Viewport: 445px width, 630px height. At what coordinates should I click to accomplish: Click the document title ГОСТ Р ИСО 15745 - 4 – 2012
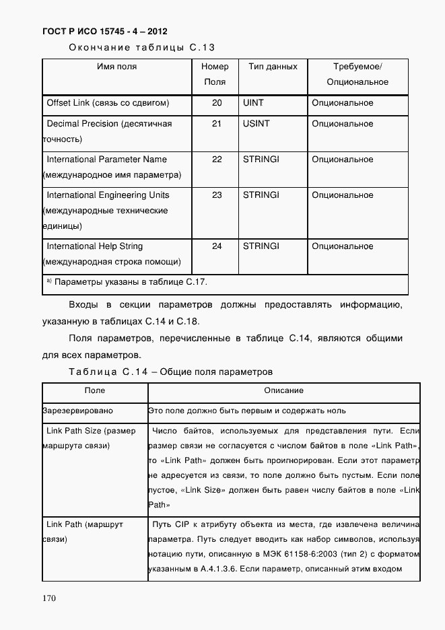click(104, 32)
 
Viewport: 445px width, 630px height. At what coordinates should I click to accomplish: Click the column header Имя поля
click(116, 67)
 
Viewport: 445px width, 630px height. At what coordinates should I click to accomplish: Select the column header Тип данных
click(273, 67)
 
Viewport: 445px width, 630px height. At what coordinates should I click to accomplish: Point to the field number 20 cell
click(217, 103)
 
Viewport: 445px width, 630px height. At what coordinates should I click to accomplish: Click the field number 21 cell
click(217, 124)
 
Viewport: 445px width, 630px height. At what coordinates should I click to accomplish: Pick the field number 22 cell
click(217, 160)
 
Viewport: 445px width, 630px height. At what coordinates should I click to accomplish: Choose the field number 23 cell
click(217, 195)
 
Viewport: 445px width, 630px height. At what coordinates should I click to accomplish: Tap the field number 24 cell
click(217, 246)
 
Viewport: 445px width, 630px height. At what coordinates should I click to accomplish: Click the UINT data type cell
click(253, 103)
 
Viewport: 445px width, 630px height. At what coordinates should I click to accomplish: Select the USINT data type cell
click(256, 124)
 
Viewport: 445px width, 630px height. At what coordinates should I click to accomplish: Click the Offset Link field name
click(107, 103)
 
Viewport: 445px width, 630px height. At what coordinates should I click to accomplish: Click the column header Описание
click(283, 390)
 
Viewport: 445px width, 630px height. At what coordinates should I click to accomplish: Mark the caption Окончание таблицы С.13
click(141, 47)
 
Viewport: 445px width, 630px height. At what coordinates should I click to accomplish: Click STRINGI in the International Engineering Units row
click(261, 195)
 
